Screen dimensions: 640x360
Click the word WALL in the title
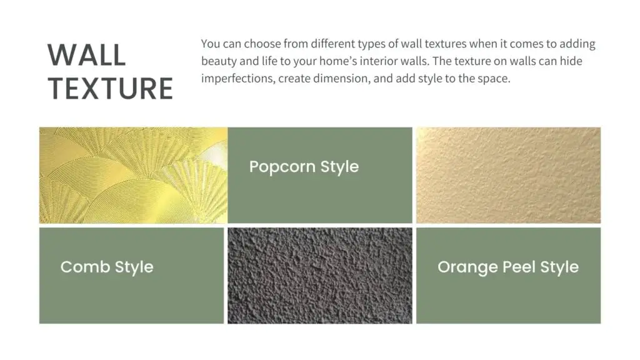[86, 55]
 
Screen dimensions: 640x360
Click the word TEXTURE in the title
[111, 88]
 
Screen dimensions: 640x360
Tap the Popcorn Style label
[304, 167]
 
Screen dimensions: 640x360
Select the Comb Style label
[107, 267]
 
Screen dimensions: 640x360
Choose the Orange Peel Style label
[508, 267]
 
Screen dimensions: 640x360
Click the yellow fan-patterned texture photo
[134, 175]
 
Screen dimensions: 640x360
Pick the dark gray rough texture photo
[320, 276]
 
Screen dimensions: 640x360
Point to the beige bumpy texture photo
[509, 175]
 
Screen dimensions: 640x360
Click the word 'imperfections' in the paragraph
[237, 79]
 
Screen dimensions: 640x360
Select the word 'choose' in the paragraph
[262, 44]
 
